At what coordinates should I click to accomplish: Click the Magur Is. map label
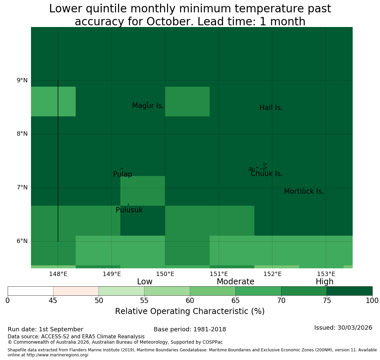tap(148, 106)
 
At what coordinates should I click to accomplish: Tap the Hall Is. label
tap(271, 108)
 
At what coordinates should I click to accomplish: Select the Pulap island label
tap(123, 174)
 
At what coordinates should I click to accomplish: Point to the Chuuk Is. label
tap(267, 174)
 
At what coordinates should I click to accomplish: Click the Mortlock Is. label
tap(304, 191)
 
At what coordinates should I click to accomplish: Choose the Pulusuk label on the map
tap(129, 210)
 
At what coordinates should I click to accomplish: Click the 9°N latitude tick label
tap(22, 80)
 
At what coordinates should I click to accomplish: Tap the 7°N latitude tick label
tap(22, 187)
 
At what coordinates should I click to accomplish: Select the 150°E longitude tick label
tap(165, 274)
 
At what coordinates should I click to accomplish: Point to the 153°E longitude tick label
tap(326, 274)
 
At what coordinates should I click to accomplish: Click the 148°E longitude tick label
tap(58, 274)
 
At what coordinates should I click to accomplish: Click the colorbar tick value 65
tap(236, 301)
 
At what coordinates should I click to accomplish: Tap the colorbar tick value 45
tap(53, 301)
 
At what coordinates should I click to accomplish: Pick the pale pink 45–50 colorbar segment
tap(76, 291)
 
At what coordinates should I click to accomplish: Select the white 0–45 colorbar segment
tap(31, 291)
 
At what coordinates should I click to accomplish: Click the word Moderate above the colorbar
tap(236, 282)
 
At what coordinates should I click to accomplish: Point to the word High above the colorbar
tap(325, 282)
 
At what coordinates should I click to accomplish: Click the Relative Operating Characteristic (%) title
tap(190, 311)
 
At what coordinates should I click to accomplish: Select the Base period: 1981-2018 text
tap(190, 329)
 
